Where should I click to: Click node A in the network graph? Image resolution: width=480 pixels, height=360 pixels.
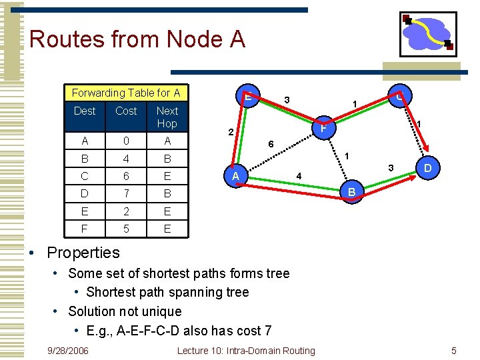(x=235, y=176)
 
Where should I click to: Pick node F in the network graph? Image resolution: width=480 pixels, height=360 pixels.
(x=323, y=127)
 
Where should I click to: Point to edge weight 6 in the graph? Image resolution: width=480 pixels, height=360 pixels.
(x=271, y=143)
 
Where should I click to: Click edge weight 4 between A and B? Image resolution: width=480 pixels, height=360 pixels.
(x=300, y=176)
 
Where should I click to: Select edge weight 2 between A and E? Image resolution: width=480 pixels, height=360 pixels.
(x=229, y=132)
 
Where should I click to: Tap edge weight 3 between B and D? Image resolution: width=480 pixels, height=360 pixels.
(x=392, y=167)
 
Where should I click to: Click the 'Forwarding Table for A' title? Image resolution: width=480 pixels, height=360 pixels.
(x=126, y=93)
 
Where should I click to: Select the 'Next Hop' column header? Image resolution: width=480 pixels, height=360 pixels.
(x=167, y=117)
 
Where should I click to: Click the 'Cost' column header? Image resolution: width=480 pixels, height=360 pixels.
(x=126, y=111)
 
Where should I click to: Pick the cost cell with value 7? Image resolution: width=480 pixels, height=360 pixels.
(x=126, y=194)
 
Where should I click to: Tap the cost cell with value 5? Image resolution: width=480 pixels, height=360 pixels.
(x=126, y=229)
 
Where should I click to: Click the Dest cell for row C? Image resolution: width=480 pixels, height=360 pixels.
(x=85, y=177)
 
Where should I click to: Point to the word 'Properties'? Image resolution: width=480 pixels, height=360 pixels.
(x=83, y=253)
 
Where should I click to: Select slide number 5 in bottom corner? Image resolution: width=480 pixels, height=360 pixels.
(x=453, y=351)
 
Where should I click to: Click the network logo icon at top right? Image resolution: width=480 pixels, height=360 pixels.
(x=427, y=34)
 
